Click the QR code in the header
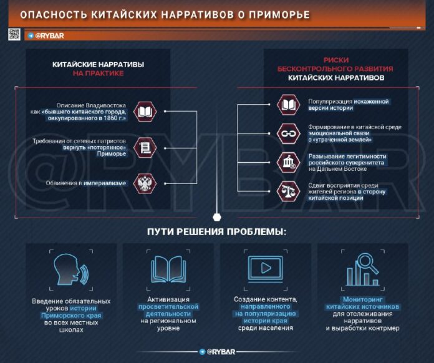[x=14, y=34]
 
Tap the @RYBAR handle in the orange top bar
[x=46, y=36]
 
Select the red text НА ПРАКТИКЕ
[x=99, y=74]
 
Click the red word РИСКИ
[x=336, y=60]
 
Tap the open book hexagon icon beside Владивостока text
[x=145, y=112]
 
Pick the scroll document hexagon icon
[x=145, y=148]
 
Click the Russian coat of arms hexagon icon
[x=145, y=183]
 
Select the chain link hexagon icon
[x=289, y=133]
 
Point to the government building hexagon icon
[x=289, y=162]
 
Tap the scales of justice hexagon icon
[x=289, y=191]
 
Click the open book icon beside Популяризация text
[x=289, y=105]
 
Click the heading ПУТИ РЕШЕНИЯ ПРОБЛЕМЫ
[x=217, y=232]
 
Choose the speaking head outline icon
[x=70, y=269]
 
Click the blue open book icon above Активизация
[x=168, y=269]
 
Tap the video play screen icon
[x=266, y=269]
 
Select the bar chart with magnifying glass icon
[x=363, y=269]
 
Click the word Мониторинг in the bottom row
[x=362, y=299]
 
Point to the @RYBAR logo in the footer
[x=217, y=352]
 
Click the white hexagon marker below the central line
[x=217, y=217]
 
